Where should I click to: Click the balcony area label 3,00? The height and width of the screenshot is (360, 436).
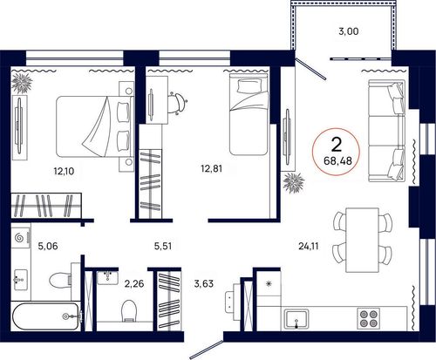[x=349, y=31]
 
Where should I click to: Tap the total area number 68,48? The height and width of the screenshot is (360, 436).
[x=337, y=160]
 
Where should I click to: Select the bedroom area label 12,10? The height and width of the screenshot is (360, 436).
[x=64, y=171]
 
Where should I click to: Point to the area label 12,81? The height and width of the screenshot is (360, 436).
[x=212, y=168]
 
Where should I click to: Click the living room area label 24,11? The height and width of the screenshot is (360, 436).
[x=309, y=247]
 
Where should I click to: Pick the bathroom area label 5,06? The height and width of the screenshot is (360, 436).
[x=48, y=247]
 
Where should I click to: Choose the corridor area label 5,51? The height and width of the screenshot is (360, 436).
[x=163, y=247]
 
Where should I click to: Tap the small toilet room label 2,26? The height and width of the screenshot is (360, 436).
[x=134, y=283]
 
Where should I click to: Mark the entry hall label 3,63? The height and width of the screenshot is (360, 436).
[x=203, y=283]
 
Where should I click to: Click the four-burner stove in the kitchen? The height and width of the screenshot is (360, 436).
[x=368, y=318]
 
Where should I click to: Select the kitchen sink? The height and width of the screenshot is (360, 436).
[x=296, y=319]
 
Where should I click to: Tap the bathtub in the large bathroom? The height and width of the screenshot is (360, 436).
[x=45, y=316]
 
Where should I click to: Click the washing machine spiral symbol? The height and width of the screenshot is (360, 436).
[x=20, y=238]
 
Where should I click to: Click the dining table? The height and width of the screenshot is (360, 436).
[x=362, y=240]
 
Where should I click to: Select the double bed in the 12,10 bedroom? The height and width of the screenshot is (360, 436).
[x=95, y=126]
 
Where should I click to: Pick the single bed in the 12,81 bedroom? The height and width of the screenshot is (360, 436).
[x=249, y=113]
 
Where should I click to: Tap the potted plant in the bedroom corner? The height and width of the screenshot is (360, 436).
[x=22, y=83]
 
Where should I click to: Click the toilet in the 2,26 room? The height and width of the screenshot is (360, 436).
[x=128, y=310]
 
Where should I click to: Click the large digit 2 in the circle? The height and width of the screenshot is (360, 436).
[x=337, y=145]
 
